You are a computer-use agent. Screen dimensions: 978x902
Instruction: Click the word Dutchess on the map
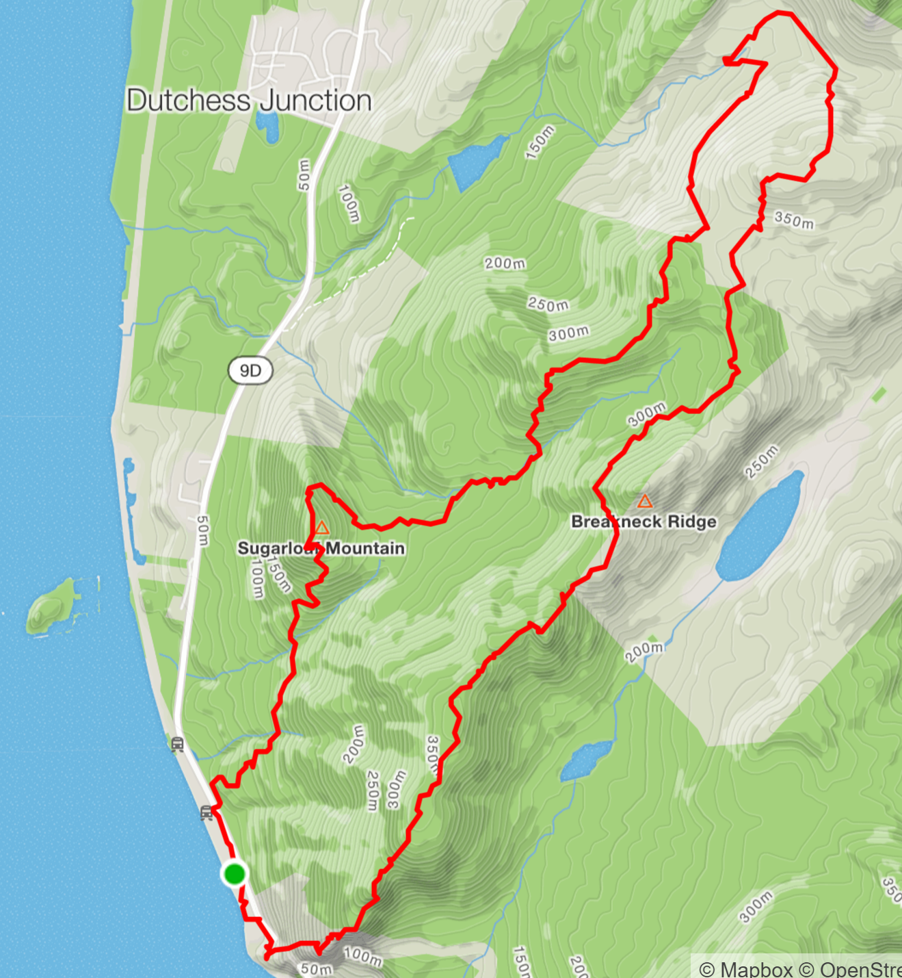pos(189,101)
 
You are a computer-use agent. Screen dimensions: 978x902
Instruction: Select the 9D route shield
pos(250,370)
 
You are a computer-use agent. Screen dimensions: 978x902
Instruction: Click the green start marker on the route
pos(235,874)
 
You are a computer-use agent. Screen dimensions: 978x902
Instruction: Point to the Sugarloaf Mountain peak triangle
pos(321,528)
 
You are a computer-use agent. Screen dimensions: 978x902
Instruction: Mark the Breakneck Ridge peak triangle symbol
pos(644,502)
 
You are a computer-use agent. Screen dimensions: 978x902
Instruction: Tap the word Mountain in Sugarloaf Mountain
pos(365,548)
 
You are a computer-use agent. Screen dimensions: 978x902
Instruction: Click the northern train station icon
pos(178,744)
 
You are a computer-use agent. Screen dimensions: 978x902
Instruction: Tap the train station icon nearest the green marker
pos(207,813)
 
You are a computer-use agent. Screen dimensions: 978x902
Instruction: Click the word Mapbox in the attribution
pos(756,969)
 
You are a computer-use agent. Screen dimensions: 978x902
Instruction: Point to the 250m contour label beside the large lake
pos(762,461)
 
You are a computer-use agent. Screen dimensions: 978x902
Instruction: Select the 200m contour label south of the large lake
pos(644,652)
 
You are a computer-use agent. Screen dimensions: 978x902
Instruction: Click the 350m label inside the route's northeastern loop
pos(794,220)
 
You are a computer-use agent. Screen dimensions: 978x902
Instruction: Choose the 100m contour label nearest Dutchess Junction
pos(348,203)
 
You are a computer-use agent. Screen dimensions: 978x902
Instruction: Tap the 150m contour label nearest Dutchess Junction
pos(540,142)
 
